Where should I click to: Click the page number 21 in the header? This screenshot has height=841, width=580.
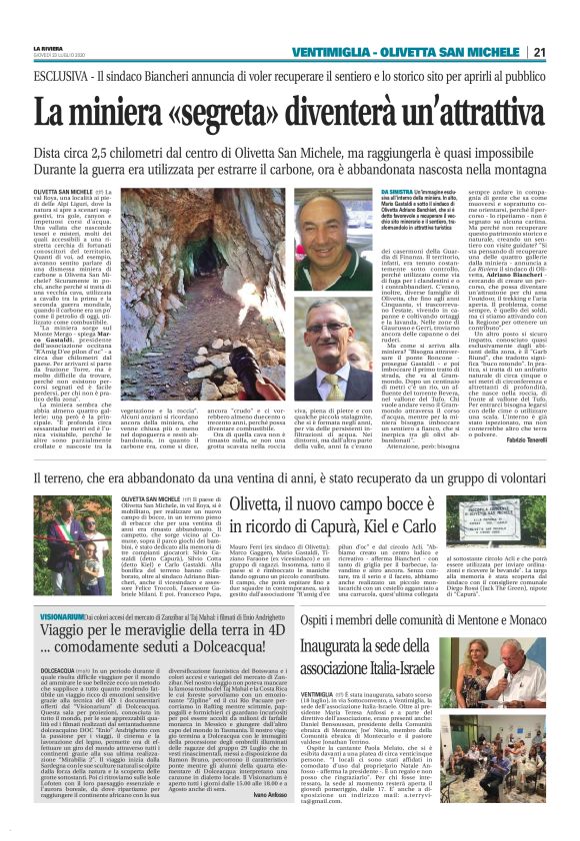(x=566, y=53)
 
